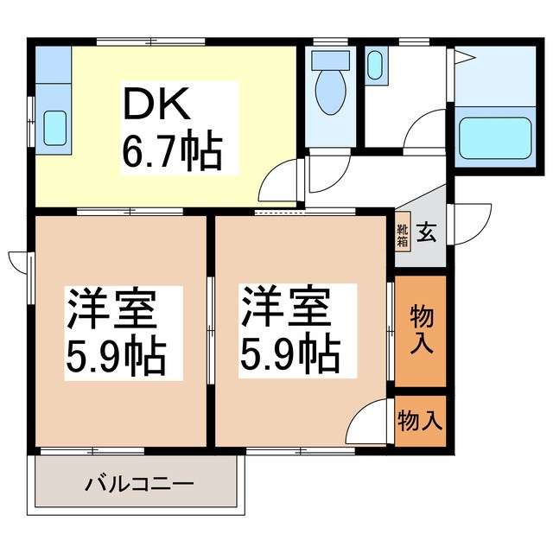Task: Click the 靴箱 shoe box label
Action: click(x=403, y=234)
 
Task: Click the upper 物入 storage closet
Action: click(x=421, y=329)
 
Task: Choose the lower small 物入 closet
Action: click(x=421, y=421)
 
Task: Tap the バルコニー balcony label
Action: click(x=139, y=483)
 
